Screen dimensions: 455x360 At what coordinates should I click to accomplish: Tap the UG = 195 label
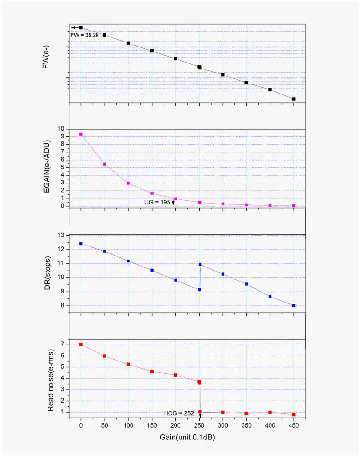[157, 202]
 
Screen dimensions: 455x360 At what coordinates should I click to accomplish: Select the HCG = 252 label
[179, 413]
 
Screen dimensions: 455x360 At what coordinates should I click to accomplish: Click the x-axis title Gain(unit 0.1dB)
[187, 437]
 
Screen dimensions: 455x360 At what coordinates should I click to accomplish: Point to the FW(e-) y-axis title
[46, 59]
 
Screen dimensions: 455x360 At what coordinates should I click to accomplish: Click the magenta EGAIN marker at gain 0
[81, 134]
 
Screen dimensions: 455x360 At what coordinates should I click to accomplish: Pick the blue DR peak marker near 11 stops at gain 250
[200, 264]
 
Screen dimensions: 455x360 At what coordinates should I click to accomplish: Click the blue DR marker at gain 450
[294, 306]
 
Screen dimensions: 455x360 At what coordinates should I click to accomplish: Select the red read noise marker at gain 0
[81, 345]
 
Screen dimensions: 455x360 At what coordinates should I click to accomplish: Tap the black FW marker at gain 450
[294, 99]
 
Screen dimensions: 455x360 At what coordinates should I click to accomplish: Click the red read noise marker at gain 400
[270, 412]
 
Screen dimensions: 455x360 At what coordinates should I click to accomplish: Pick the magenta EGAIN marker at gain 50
[105, 164]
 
